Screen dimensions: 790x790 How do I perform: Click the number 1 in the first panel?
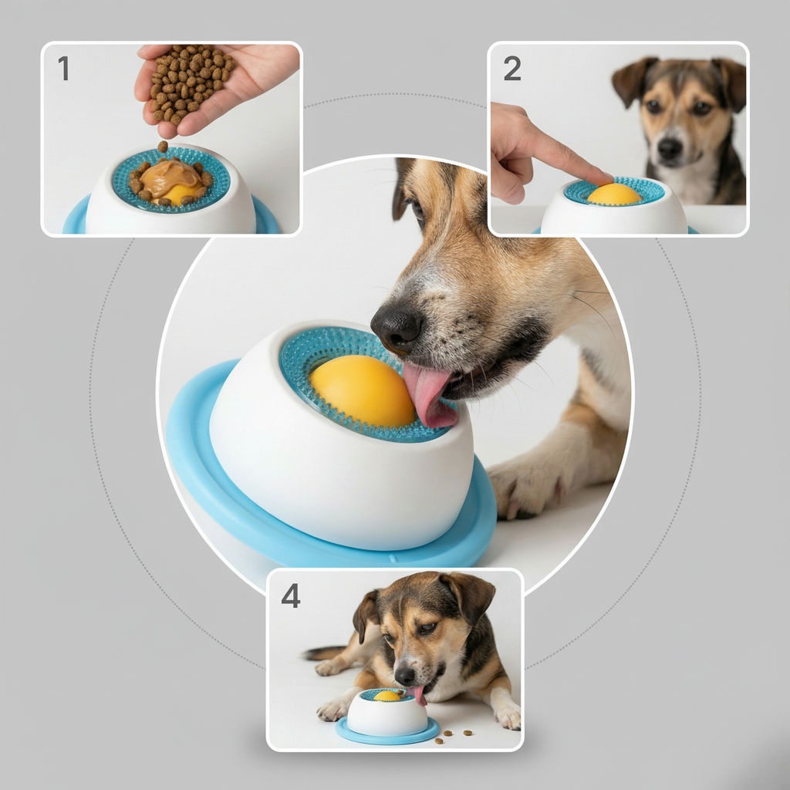click(x=63, y=69)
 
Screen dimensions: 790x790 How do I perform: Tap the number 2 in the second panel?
click(x=512, y=69)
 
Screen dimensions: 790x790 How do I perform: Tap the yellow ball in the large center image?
click(x=361, y=390)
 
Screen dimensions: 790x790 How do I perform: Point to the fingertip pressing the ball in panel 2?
click(x=602, y=178)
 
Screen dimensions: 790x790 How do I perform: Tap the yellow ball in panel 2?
click(x=614, y=194)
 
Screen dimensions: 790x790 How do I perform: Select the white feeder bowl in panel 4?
click(x=386, y=715)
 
